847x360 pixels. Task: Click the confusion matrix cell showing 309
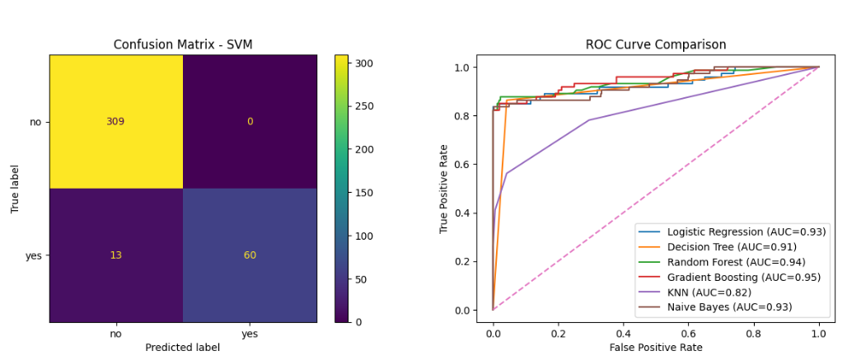[x=115, y=122]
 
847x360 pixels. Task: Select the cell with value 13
[x=115, y=255]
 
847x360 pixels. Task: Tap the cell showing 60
[x=249, y=255]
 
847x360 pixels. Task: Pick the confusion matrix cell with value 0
[x=249, y=122]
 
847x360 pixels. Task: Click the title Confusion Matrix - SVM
[x=182, y=44]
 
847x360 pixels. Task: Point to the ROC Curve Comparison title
[x=656, y=44]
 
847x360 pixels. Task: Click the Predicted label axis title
[x=182, y=348]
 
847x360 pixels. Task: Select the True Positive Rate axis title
[x=445, y=189]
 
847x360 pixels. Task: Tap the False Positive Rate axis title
[x=656, y=348]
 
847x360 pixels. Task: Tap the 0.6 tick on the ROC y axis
[x=463, y=165]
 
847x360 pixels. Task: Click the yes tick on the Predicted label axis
[x=249, y=334]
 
